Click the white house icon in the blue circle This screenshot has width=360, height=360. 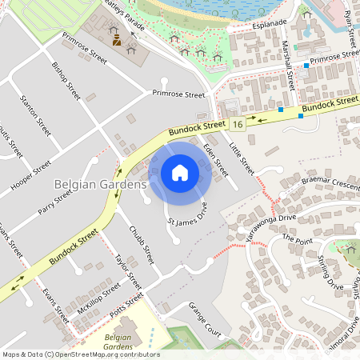coord(180,173)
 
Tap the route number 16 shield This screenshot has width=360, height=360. coord(238,124)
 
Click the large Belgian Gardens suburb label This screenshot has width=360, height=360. coord(100,185)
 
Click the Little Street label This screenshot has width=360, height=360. coord(241,158)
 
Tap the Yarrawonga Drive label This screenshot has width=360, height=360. coord(270,225)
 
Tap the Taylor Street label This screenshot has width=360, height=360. coord(128,273)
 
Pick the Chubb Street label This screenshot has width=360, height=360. coord(142,245)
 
